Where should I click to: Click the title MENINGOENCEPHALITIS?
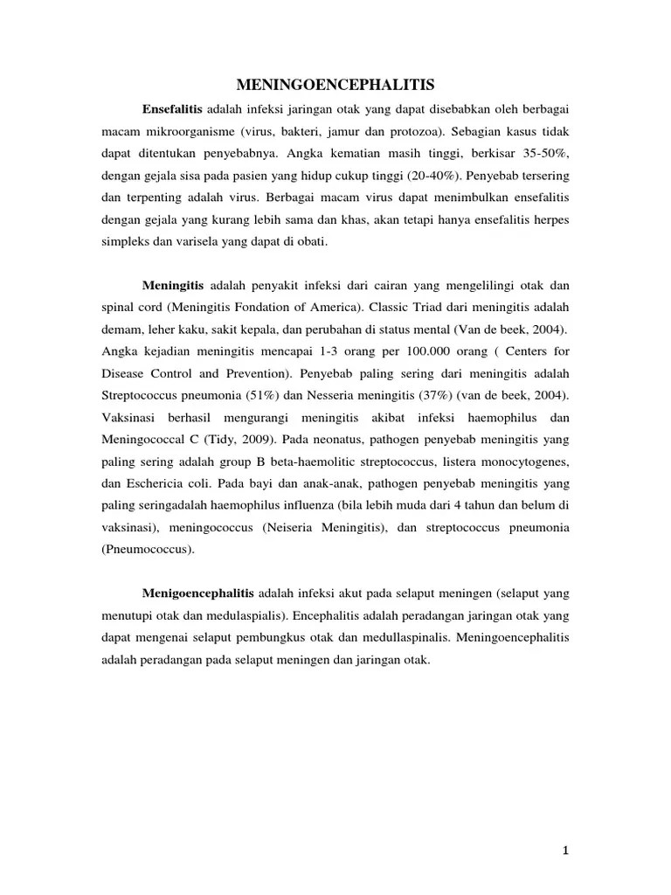335,85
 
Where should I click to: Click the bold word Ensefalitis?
172,108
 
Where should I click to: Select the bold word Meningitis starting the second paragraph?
172,285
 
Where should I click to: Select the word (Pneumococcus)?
153,551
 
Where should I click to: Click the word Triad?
460,308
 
